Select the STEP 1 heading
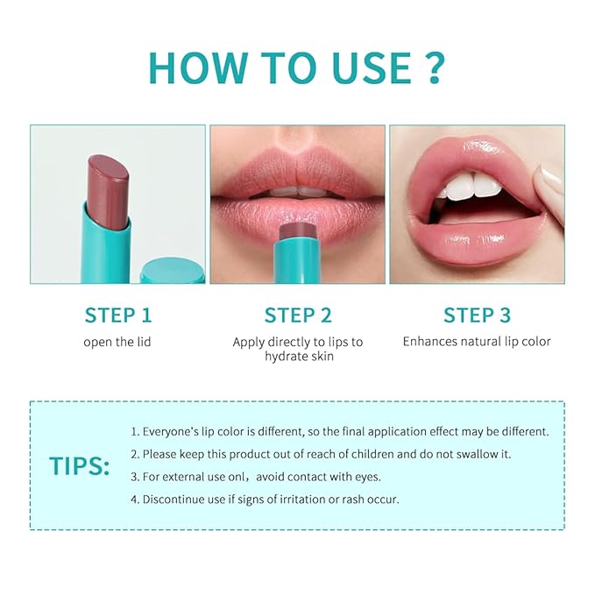tap(117, 315)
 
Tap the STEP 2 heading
tap(297, 315)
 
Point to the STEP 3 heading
tap(477, 315)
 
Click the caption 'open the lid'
tap(117, 342)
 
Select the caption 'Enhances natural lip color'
tap(477, 342)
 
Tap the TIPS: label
tap(80, 466)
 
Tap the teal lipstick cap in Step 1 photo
tap(173, 269)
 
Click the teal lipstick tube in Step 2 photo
tap(297, 259)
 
